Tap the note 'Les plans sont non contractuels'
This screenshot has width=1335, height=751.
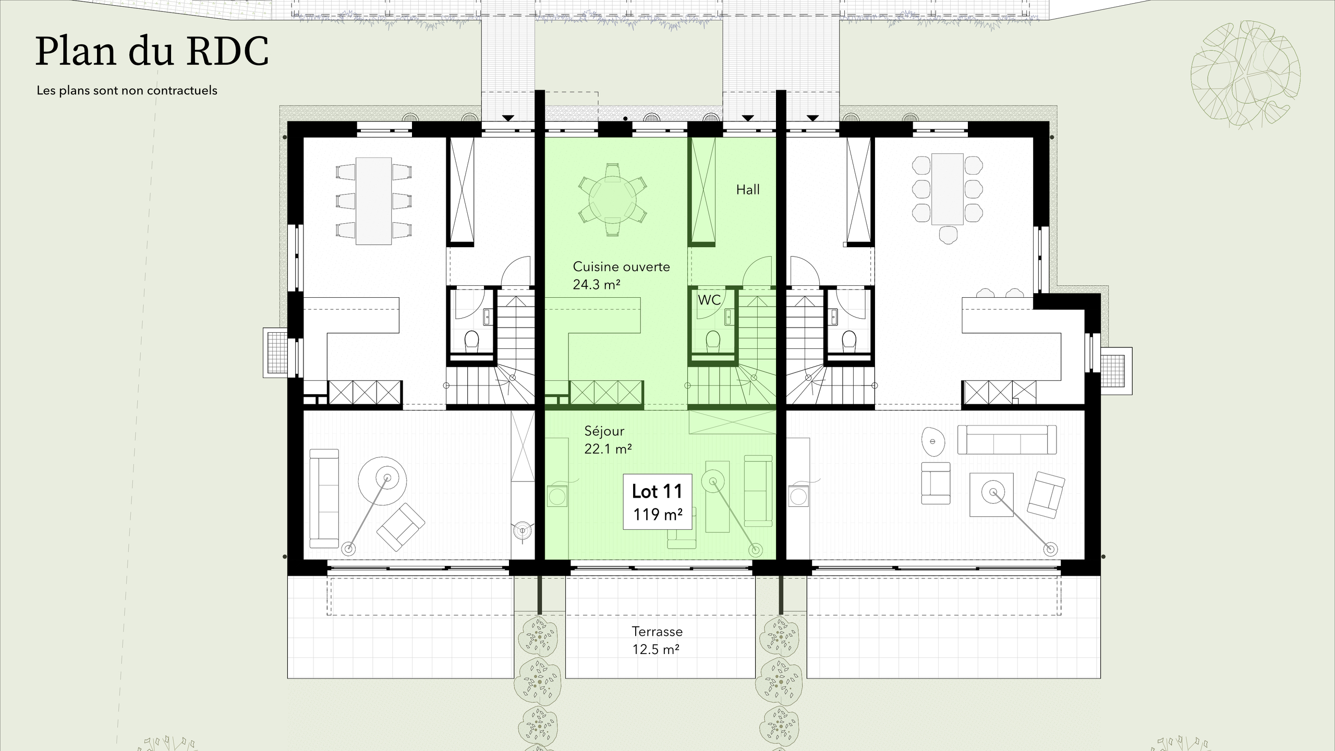pyautogui.click(x=127, y=91)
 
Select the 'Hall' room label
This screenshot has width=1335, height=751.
pyautogui.click(x=748, y=190)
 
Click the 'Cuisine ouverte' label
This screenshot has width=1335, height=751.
pyautogui.click(x=621, y=267)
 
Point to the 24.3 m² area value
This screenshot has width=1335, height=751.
pyautogui.click(x=597, y=285)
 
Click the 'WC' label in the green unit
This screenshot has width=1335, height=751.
pyautogui.click(x=709, y=300)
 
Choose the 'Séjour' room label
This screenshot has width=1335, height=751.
pyautogui.click(x=604, y=431)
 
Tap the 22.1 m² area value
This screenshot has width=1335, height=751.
pyautogui.click(x=608, y=449)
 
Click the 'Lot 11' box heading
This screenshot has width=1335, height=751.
pyautogui.click(x=657, y=491)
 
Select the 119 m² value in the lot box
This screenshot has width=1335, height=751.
pyautogui.click(x=658, y=515)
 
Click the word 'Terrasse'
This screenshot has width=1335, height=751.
pyautogui.click(x=657, y=632)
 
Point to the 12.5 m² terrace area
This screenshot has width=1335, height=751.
pyautogui.click(x=656, y=650)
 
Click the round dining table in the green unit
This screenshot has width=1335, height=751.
pyautogui.click(x=612, y=200)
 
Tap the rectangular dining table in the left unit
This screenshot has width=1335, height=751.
pyautogui.click(x=373, y=201)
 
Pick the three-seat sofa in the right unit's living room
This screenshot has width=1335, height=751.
pyautogui.click(x=1007, y=440)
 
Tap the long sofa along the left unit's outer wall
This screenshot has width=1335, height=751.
pyautogui.click(x=324, y=499)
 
